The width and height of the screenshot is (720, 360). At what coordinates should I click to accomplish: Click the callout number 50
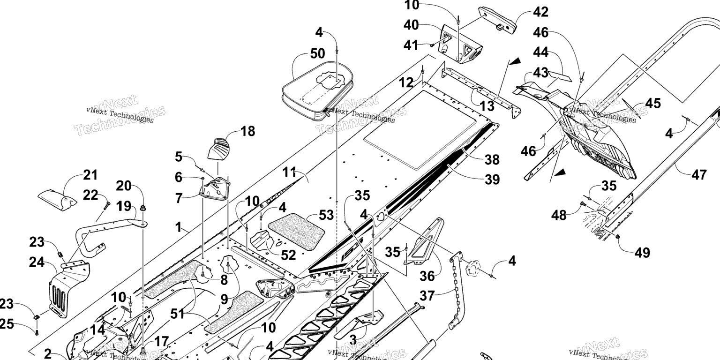tap(317, 54)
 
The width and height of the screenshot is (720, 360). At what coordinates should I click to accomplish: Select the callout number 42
tap(527, 12)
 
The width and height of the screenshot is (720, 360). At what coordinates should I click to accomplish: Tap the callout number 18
tap(247, 131)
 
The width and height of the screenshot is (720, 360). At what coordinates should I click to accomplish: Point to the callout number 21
tap(90, 175)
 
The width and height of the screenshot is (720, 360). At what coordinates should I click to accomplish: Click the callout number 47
tap(698, 175)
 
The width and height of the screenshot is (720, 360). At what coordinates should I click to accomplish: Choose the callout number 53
tap(326, 215)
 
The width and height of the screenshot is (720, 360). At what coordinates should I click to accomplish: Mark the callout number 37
tap(427, 296)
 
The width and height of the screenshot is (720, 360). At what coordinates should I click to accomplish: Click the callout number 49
tap(643, 253)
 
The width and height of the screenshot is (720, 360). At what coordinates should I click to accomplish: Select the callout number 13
tap(487, 106)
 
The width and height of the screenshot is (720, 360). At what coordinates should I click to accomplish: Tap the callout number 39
tap(492, 179)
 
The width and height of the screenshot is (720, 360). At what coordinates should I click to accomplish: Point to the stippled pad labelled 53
tap(297, 230)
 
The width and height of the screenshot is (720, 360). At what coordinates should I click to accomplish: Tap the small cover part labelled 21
tap(56, 199)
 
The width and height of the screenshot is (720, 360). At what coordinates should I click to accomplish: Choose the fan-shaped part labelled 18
tap(219, 149)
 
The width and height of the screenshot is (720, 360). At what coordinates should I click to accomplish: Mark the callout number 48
tap(558, 216)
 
